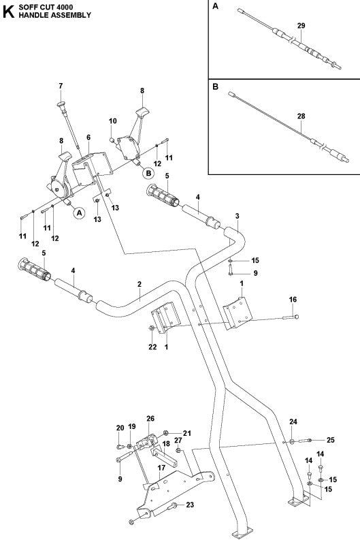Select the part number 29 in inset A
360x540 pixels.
click(282, 26)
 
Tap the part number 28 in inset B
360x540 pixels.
click(282, 116)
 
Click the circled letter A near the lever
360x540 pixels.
click(79, 213)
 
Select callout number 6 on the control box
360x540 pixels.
click(88, 138)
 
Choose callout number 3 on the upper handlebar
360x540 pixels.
click(237, 216)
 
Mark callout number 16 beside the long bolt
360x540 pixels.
click(293, 299)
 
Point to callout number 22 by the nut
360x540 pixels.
click(152, 347)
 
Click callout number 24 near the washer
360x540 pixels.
click(293, 422)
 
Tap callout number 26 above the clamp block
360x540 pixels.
click(151, 419)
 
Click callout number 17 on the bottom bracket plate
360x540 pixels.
click(162, 468)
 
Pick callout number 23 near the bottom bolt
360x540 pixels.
click(190, 505)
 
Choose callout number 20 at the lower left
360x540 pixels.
click(120, 428)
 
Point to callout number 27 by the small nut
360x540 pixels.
click(178, 441)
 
